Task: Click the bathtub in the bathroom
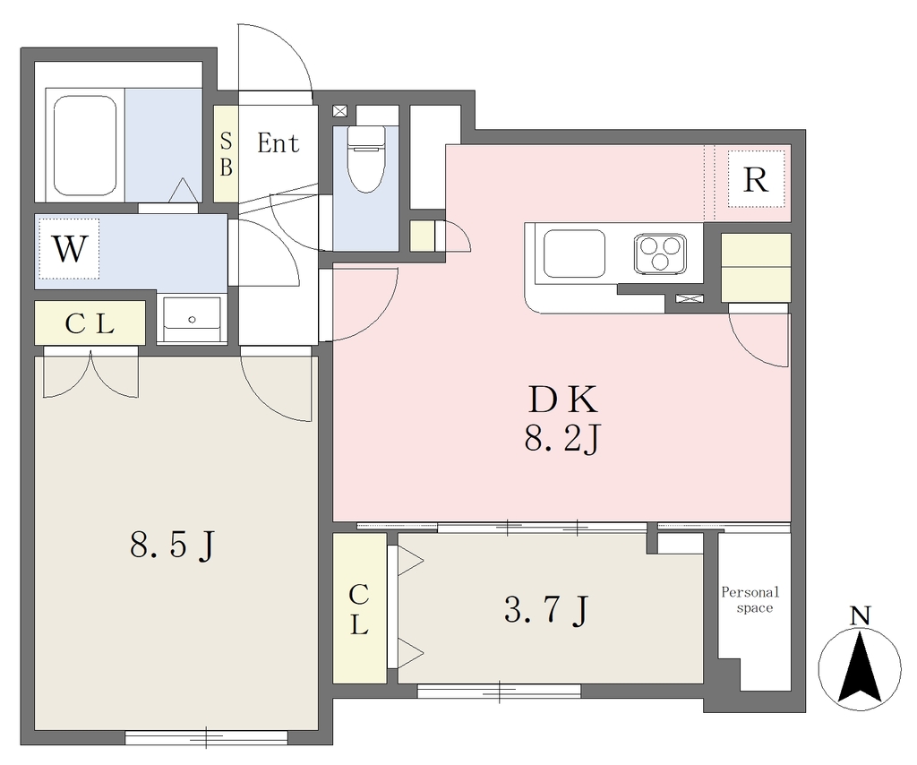(x=84, y=144)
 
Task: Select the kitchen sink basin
(x=574, y=254)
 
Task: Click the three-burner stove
(x=660, y=254)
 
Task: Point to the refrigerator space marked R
(x=756, y=179)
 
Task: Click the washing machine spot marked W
(x=70, y=248)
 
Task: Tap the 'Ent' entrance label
(x=279, y=142)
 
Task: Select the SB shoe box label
(x=226, y=154)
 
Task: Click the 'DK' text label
(x=562, y=400)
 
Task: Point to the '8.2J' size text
(x=562, y=439)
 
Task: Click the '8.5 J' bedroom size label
(x=173, y=546)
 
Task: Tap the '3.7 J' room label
(x=546, y=611)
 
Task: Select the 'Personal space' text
(x=751, y=600)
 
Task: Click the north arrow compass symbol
(x=859, y=670)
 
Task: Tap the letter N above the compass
(x=860, y=616)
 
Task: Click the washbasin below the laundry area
(x=192, y=319)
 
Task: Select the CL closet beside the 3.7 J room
(x=360, y=608)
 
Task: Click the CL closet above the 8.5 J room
(x=90, y=322)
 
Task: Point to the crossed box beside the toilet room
(x=340, y=111)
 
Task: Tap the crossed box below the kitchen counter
(x=689, y=298)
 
